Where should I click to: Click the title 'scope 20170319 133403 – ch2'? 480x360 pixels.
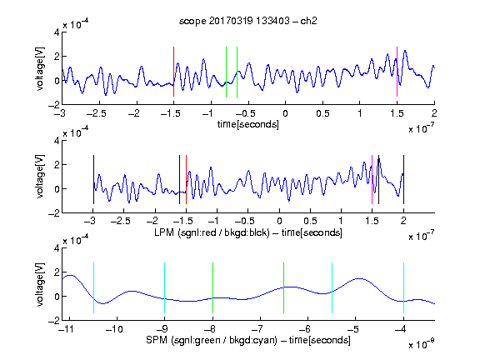[247, 21]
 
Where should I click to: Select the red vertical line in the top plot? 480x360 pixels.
[173, 72]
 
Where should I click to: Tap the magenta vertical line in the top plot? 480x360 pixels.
[397, 72]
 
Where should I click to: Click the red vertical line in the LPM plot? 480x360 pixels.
[186, 180]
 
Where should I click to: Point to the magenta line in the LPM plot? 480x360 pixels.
[372, 180]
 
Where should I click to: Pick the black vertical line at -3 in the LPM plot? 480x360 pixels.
[93, 180]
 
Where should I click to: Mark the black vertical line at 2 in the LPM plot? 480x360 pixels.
[403, 180]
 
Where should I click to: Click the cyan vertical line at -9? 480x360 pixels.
[165, 287]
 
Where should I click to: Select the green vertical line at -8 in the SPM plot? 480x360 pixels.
[212, 287]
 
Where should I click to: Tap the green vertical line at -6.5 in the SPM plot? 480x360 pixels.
[284, 287]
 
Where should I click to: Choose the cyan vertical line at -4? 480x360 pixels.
[403, 287]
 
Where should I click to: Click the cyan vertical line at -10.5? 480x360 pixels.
[93, 287]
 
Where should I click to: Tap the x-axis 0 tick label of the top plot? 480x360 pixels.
[285, 113]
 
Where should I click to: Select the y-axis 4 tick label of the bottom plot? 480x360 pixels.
[57, 248]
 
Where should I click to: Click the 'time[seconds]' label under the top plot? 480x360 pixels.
[248, 124]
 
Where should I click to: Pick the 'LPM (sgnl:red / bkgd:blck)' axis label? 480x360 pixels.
[212, 232]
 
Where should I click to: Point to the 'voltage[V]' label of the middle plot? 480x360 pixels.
[40, 177]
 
